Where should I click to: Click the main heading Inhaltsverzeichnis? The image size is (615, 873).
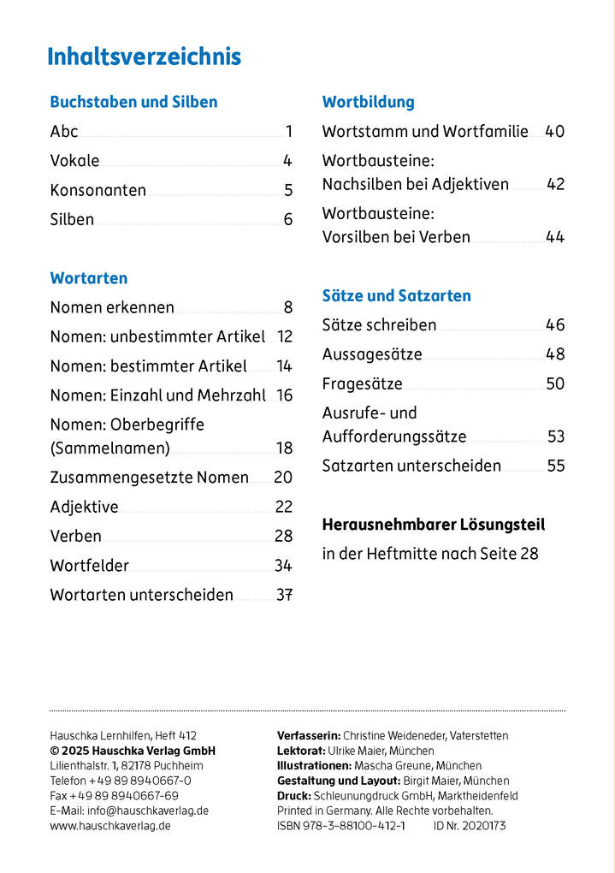click(x=144, y=57)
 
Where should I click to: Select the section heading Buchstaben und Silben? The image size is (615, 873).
click(x=133, y=102)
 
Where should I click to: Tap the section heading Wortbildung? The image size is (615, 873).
click(x=368, y=102)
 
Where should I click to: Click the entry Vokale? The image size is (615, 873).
click(x=74, y=161)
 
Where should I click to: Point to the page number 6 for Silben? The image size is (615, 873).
click(x=288, y=220)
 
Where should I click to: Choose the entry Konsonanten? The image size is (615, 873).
click(x=98, y=190)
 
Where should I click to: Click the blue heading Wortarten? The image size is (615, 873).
click(x=89, y=278)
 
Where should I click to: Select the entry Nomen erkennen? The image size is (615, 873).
click(x=112, y=307)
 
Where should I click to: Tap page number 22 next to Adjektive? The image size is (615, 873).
click(x=283, y=507)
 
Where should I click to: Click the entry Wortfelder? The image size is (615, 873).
click(x=90, y=566)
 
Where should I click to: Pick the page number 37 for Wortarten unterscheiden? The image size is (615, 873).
click(x=284, y=595)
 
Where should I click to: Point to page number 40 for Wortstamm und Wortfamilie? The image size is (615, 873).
click(x=554, y=132)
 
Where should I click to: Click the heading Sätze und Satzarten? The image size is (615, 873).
click(x=396, y=296)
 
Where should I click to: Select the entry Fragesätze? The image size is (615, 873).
click(x=362, y=383)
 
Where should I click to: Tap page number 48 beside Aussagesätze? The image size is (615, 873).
click(x=555, y=354)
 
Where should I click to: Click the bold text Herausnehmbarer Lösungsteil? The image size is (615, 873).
click(x=433, y=525)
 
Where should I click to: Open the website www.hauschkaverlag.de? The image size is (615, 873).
click(x=109, y=826)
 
